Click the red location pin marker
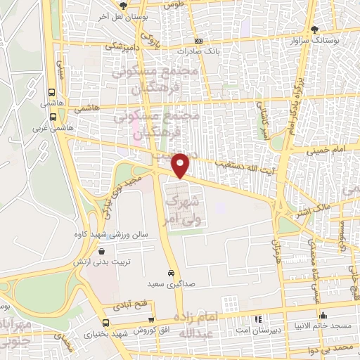[x=181, y=165]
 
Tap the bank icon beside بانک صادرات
[x=198, y=41]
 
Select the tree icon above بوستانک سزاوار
[x=314, y=29]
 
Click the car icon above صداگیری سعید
[x=171, y=272]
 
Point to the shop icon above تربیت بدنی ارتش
[x=103, y=251]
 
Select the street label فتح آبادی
[x=127, y=307]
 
